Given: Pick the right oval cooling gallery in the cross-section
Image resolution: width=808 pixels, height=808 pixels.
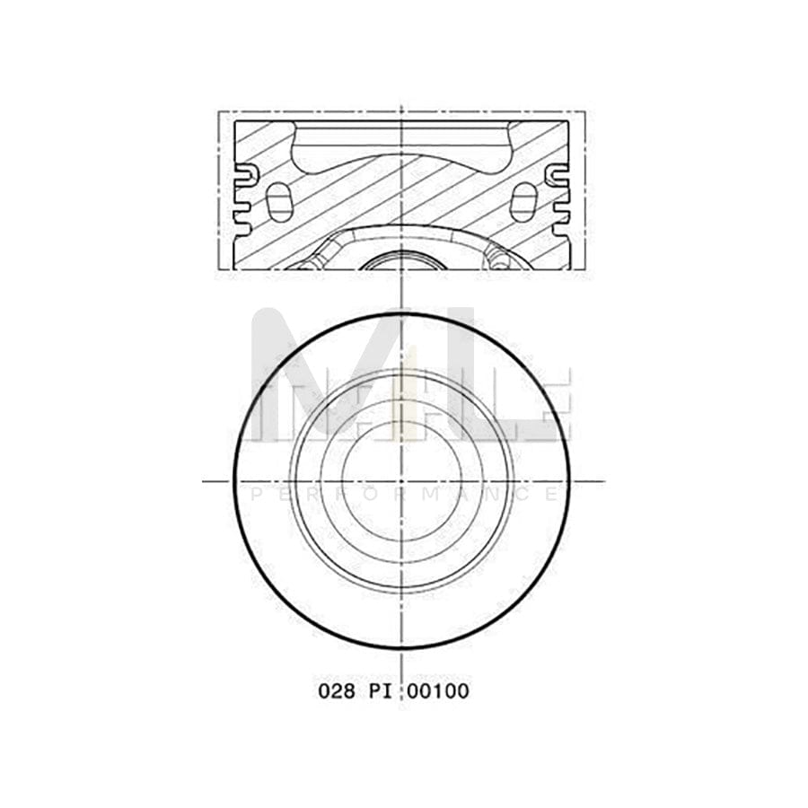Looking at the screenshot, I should pos(523,201).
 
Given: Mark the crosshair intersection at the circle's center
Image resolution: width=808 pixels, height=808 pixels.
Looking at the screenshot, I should pos(402,481).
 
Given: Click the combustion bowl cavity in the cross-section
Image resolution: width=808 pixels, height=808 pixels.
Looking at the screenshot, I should pos(402,149).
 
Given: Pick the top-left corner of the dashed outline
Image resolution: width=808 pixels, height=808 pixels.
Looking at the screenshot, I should pos(219,111).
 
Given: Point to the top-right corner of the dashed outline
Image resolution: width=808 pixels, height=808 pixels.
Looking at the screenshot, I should pos(585,111).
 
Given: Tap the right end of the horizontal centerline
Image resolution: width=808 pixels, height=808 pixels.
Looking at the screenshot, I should pos(602,481).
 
